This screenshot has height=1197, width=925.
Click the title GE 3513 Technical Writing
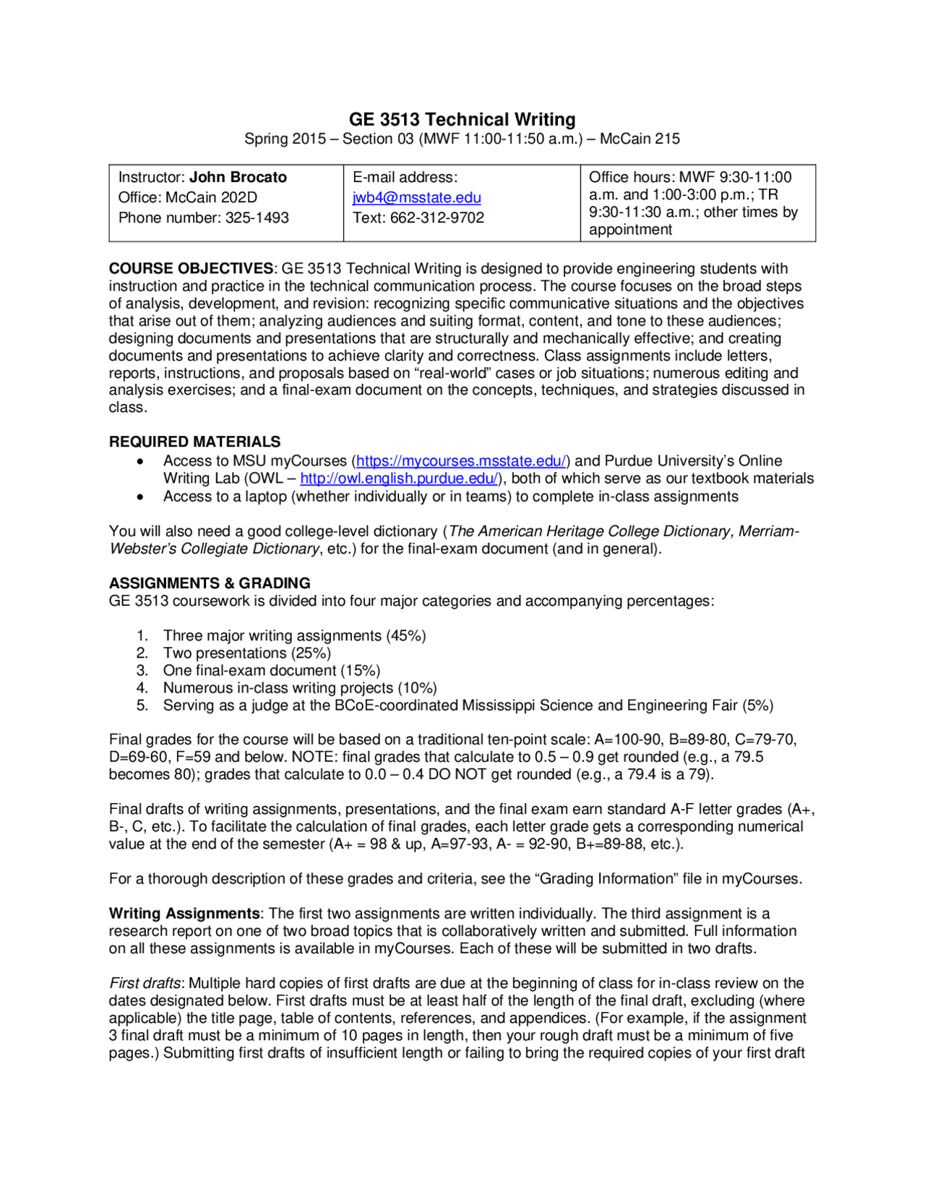point(462,119)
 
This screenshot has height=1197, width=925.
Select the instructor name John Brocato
point(238,177)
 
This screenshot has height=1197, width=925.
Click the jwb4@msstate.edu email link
point(416,197)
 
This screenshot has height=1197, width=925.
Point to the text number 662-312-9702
point(436,218)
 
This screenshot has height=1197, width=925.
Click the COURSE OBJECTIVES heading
point(191,269)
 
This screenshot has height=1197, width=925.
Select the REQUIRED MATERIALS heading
point(194,442)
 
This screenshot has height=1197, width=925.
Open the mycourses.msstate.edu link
point(461,461)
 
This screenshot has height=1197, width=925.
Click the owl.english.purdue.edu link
point(399,479)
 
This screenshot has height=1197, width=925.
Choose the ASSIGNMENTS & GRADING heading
point(210,583)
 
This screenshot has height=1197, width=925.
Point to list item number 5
point(142,705)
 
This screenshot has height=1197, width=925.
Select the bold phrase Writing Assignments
point(184,914)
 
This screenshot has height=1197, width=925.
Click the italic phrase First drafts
point(145,983)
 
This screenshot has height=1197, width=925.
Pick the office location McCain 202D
point(211,197)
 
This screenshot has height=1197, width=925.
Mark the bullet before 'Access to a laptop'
point(140,497)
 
